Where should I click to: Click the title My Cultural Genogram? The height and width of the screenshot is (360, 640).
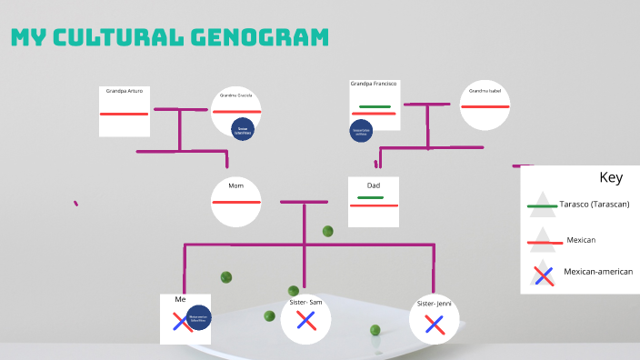[169, 37]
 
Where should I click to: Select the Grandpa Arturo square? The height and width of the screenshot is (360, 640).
[125, 111]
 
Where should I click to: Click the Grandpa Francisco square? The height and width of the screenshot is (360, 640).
[374, 105]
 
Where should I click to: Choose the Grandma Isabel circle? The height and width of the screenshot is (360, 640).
[485, 106]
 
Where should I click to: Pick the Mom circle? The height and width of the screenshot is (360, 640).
[236, 201]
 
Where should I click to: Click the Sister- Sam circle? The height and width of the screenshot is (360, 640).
[305, 319]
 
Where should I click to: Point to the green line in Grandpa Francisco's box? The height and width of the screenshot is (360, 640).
[375, 106]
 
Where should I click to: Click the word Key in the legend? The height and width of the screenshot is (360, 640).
[610, 177]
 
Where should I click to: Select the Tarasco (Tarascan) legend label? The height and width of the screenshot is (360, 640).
[594, 205]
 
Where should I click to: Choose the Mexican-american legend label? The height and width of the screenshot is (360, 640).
[597, 271]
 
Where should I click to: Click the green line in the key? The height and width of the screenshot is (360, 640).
[542, 206]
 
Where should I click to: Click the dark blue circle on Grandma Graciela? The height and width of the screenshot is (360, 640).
[243, 129]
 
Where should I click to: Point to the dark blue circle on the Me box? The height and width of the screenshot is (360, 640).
[198, 319]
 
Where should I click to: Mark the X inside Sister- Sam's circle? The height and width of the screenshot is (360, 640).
[305, 320]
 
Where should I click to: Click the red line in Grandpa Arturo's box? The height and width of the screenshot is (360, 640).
[125, 114]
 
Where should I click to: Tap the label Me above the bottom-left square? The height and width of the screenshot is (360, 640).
[180, 299]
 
